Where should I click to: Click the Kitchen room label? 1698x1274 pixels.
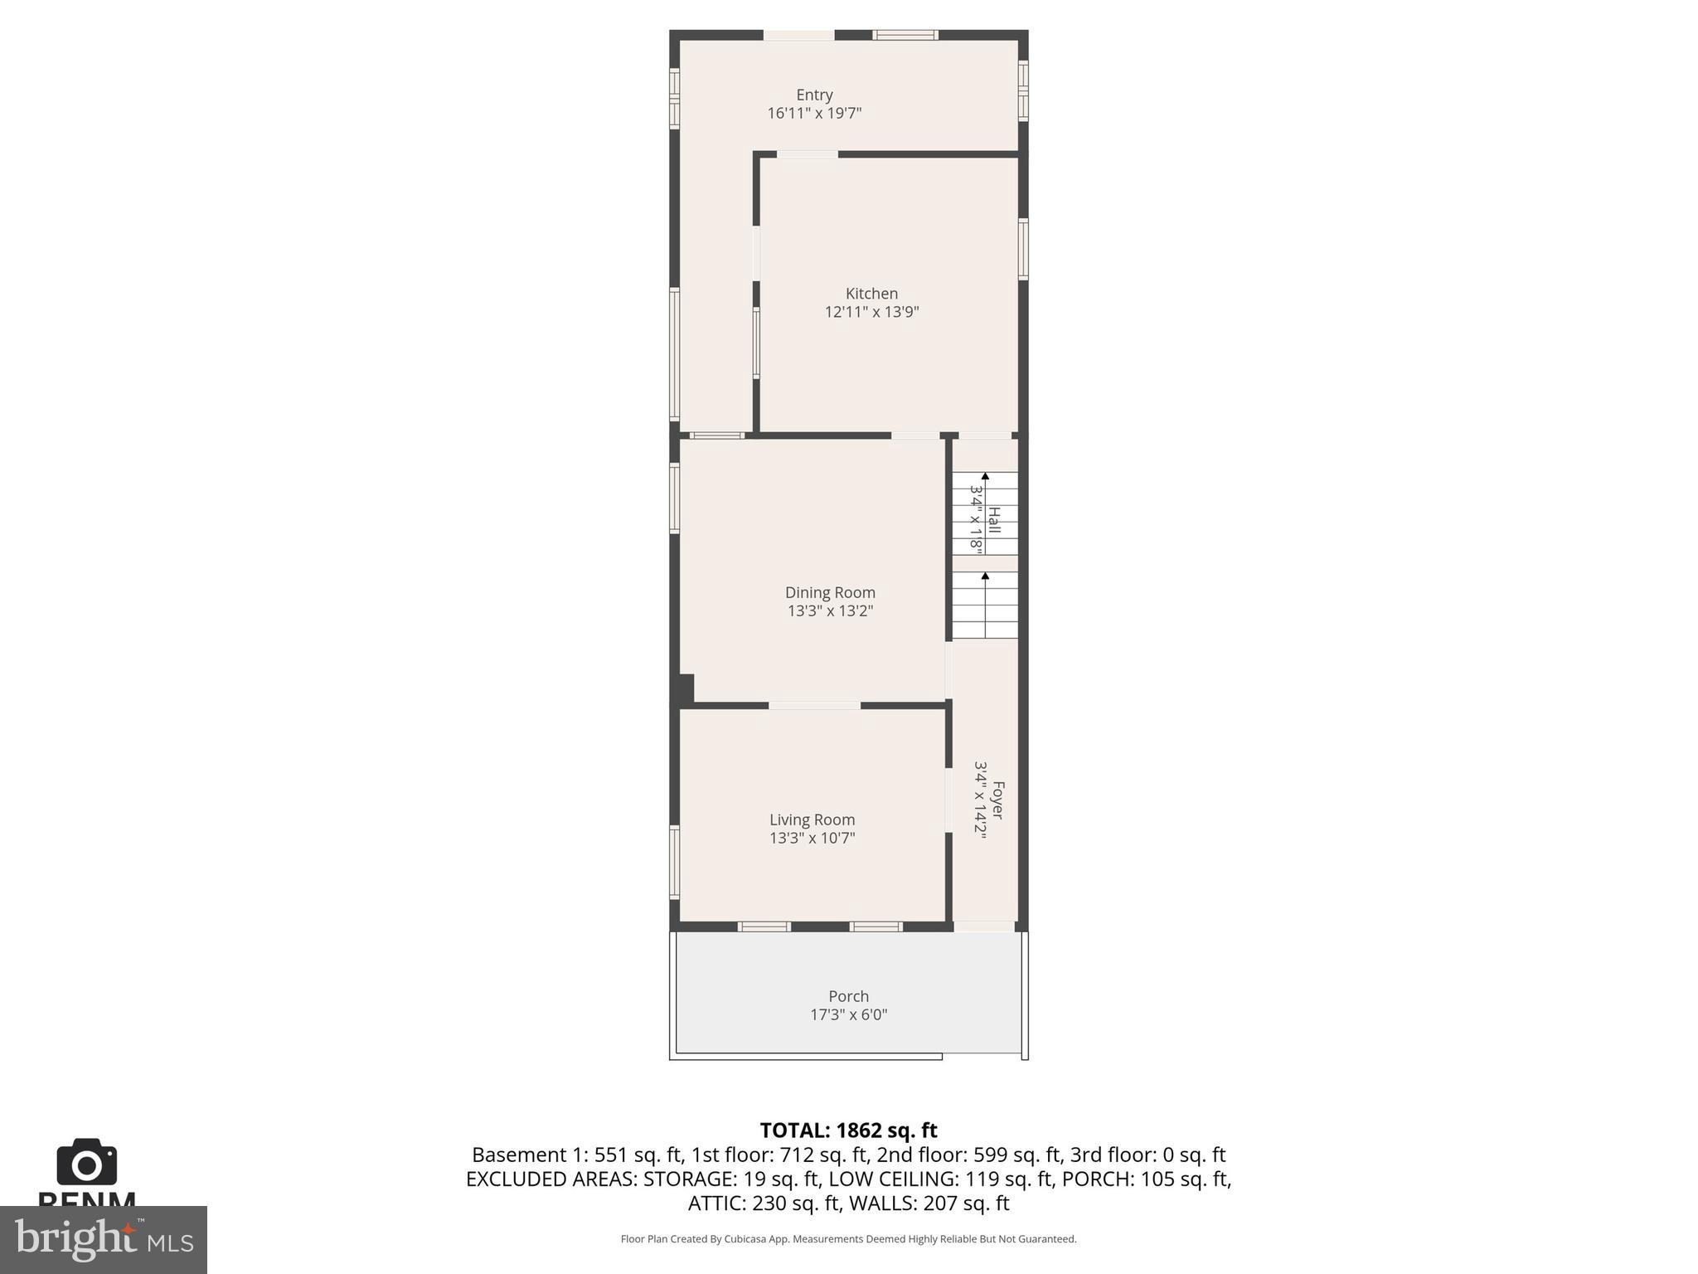pos(871,294)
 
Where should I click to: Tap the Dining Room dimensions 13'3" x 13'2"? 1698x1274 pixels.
pos(830,611)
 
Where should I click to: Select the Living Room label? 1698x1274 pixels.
pos(812,819)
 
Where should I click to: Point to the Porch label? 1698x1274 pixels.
pos(848,996)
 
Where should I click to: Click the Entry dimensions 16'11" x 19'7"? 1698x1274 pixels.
pos(814,114)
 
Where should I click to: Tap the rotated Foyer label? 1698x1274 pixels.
pos(997,800)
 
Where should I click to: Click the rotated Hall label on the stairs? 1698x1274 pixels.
pos(994,521)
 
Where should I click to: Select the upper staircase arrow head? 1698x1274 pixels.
pos(985,477)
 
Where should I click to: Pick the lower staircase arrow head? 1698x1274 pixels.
pos(985,576)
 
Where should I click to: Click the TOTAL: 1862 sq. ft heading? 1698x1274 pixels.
pos(848,1131)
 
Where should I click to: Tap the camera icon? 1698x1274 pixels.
pos(86,1163)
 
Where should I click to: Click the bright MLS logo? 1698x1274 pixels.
pos(103,1239)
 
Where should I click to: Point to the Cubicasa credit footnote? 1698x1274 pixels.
pos(848,1239)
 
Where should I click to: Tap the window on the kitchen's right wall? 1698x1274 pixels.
pos(1023,249)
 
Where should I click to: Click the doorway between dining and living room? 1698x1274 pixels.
pos(814,706)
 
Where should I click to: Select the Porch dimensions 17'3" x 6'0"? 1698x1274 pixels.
pos(848,1014)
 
